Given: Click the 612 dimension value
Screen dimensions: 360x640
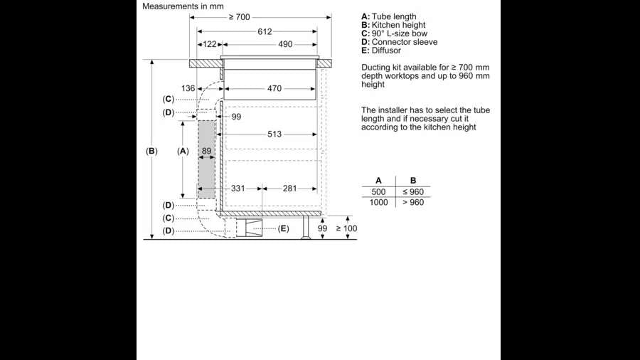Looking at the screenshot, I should click(x=265, y=31).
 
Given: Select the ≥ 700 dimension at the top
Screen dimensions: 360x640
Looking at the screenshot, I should click(x=239, y=16).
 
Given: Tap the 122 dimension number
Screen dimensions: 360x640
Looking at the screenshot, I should click(x=209, y=44).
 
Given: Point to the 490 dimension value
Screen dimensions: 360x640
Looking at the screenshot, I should click(x=285, y=44).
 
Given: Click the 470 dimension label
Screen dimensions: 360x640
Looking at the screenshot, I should click(x=274, y=89).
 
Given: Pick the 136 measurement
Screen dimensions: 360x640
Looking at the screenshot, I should click(x=188, y=89).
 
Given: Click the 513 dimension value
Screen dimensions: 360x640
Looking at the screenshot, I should click(x=274, y=134).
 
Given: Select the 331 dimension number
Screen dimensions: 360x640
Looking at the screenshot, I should click(x=238, y=189).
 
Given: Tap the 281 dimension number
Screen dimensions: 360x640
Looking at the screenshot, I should click(x=290, y=189).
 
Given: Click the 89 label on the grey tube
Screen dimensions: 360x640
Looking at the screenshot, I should click(x=206, y=151).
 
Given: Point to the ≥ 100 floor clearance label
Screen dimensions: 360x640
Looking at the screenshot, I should click(x=346, y=228).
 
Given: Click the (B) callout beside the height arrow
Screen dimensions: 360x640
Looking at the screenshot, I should click(x=151, y=151).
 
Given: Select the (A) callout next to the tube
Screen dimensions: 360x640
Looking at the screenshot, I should click(x=183, y=151).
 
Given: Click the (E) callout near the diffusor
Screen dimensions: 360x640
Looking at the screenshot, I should click(x=284, y=228).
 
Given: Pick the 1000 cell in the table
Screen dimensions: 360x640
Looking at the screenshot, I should click(x=379, y=203).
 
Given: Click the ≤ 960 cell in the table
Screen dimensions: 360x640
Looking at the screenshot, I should click(x=413, y=192).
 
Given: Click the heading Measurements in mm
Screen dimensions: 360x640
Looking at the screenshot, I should click(x=183, y=6).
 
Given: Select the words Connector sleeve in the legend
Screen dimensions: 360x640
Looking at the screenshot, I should click(x=405, y=42).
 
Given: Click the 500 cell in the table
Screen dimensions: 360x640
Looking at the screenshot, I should click(x=378, y=192).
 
